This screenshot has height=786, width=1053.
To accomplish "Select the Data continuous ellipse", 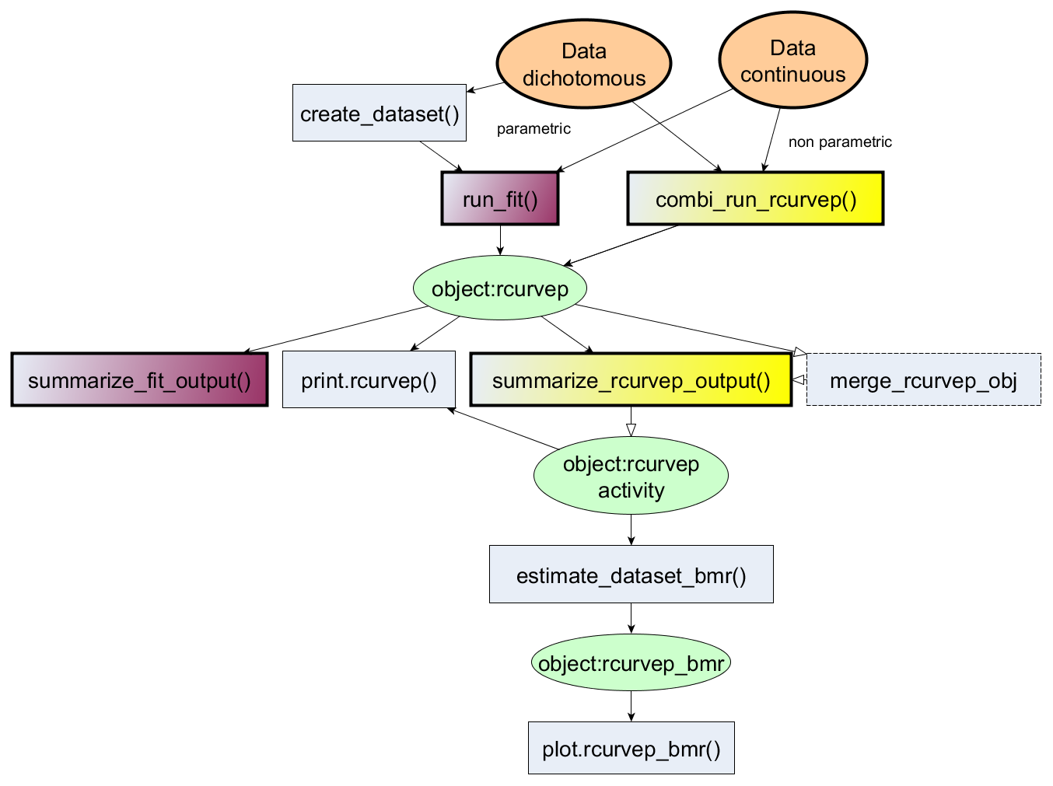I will pos(792,61).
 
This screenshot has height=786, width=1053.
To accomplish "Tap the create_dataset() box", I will pos(380,114).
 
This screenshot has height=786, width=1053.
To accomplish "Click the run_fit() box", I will pos(500,199).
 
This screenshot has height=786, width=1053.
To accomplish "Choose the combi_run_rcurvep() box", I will pos(755,199).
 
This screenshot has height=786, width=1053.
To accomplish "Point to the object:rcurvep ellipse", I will pos(499,288).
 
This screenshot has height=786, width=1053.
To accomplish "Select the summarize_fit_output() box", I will pos(139,380).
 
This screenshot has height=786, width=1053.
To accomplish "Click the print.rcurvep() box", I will pos(369,380).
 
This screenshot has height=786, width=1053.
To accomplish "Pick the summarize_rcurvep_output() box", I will pos(631,380).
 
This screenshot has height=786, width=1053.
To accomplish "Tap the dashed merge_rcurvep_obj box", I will pos(923,380).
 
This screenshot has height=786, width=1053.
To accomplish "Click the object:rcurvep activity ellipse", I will pos(631,477).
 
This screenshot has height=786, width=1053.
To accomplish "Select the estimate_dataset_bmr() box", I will pos(631,575).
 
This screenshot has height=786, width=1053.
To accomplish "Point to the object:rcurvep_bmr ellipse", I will pos(631,663).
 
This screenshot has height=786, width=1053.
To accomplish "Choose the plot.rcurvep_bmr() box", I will pos(631,748).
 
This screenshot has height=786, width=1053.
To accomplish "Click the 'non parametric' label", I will pos(840,142).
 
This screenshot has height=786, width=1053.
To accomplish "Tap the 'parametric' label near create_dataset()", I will pos(533,129).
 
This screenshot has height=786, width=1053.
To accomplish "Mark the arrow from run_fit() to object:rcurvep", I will pos(500,240).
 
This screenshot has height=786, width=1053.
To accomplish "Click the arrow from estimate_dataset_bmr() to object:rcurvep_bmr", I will pos(631,618).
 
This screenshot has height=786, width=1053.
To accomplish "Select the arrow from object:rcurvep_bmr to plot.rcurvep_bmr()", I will pos(631,706).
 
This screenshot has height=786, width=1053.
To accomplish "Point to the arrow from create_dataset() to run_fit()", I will pos(441,156).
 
